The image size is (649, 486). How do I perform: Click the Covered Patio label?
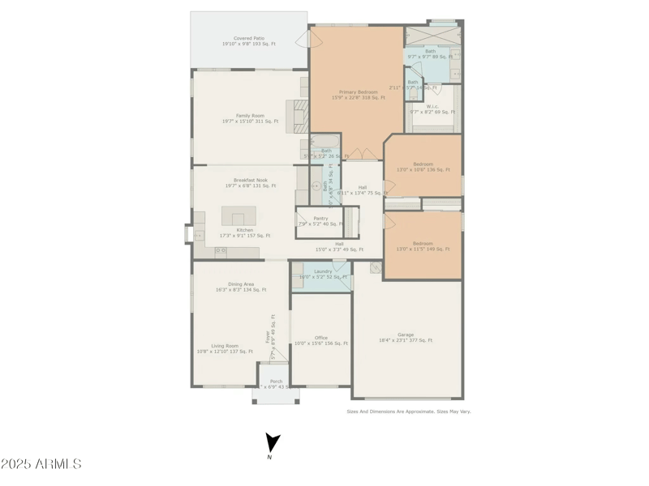[249, 40]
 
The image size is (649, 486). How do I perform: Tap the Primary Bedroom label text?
[359, 95]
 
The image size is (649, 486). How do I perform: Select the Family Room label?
[250, 118]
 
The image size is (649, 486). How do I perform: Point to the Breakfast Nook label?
[250, 183]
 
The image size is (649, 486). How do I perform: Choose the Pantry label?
[320, 220]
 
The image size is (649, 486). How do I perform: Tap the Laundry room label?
[322, 274]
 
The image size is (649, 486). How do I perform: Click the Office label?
[321, 340]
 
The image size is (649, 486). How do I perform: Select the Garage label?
[406, 337]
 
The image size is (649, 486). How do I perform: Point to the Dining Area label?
[241, 287]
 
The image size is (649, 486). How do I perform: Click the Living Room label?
[225, 348]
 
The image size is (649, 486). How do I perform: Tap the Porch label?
[277, 384]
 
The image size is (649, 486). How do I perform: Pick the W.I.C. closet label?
[432, 109]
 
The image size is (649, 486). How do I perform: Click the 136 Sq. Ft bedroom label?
[423, 167]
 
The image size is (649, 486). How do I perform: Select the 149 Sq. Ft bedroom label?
[423, 246]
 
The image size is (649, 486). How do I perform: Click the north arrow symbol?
[273, 443]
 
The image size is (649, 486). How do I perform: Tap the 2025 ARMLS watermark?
[41, 464]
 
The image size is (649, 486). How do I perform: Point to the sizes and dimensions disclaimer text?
[408, 411]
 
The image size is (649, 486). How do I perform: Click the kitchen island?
[239, 216]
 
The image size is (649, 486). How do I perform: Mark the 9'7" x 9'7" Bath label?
[430, 53]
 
